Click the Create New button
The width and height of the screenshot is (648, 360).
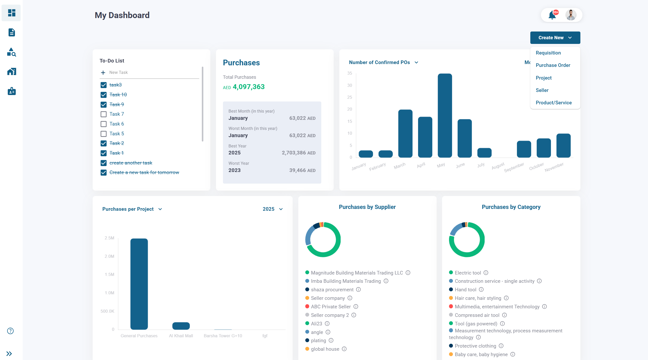point(555,38)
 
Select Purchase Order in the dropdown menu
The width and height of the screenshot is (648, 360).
point(553,65)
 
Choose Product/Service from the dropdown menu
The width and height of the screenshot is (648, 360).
point(554,103)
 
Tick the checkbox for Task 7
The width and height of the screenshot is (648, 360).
point(103,114)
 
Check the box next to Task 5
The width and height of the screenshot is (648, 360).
point(103,134)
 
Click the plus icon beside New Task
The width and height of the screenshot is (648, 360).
point(103,73)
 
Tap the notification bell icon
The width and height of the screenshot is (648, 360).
point(552,15)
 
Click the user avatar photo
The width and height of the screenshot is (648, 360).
point(571,15)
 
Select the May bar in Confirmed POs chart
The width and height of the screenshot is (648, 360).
point(445,116)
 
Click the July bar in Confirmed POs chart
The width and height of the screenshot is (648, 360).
point(484,153)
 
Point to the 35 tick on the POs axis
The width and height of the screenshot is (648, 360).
point(349,73)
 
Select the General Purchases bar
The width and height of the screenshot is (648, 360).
point(139,284)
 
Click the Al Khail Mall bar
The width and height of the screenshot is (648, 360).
point(181,326)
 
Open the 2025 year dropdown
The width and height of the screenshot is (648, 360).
point(273,209)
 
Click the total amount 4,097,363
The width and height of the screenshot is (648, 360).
point(249,87)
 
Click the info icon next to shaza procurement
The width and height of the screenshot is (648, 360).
point(358,289)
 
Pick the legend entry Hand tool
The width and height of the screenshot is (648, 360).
point(465,290)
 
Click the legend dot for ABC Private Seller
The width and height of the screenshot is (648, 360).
point(307,307)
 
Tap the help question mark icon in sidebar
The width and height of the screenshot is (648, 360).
point(10,331)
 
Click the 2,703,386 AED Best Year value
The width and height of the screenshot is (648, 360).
point(298,153)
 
